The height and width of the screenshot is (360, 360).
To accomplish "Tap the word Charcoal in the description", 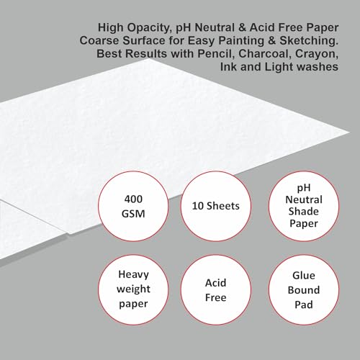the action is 264,53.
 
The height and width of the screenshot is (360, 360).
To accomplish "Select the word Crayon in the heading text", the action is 317,54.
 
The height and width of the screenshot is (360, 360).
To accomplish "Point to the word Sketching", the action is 309,41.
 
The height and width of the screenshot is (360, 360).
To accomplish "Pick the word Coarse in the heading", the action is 99,40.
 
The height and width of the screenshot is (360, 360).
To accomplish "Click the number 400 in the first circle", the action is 133,199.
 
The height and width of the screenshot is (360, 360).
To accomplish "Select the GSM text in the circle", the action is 133,214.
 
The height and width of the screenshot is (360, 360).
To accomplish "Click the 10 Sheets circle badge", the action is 216,207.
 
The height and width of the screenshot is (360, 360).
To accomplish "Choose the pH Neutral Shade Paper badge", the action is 304,207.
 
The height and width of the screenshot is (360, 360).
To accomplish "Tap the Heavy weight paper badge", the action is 133,290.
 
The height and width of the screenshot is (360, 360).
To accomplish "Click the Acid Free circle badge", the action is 216,290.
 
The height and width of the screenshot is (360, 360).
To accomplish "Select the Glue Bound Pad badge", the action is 304,290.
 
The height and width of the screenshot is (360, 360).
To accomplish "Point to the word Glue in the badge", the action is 304,275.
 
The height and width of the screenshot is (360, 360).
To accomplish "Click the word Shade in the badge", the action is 304,212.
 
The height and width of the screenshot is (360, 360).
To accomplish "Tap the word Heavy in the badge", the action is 133,275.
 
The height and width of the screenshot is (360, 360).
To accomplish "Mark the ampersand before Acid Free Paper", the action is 242,27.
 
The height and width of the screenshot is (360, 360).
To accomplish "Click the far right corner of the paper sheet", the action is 349,132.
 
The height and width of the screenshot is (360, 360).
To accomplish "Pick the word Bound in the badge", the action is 304,290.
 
